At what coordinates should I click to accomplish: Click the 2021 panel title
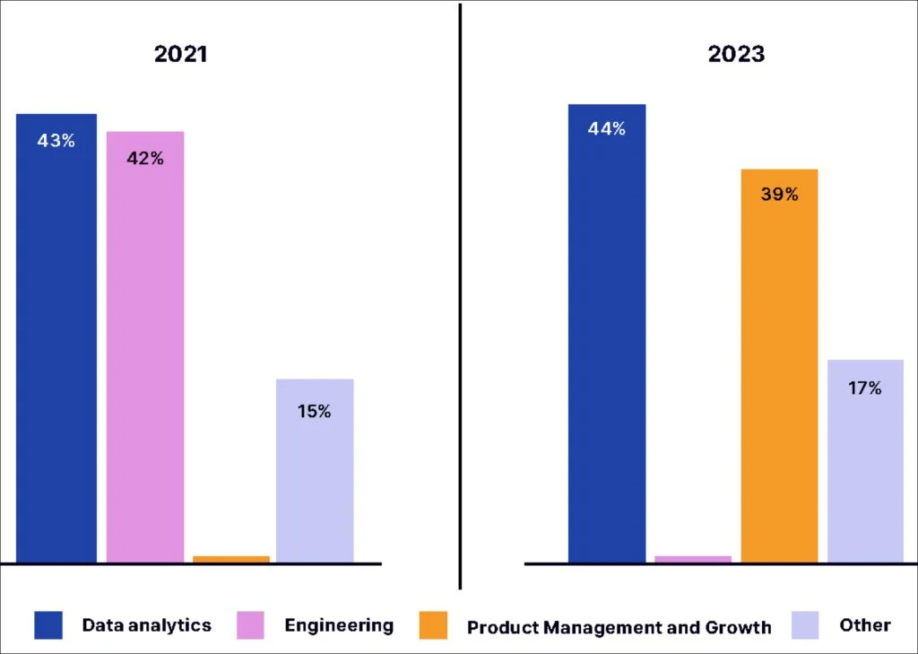[180, 54]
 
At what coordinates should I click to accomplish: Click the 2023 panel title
[736, 54]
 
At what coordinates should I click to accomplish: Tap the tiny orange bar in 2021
[231, 559]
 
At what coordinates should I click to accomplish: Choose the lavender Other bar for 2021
[315, 471]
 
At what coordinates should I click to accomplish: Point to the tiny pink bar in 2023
[693, 559]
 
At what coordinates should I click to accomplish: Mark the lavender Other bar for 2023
[865, 461]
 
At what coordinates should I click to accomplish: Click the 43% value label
[56, 141]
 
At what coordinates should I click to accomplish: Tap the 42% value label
[145, 159]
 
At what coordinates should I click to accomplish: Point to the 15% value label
[315, 412]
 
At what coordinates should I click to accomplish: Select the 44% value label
[607, 129]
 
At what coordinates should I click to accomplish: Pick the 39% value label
[779, 194]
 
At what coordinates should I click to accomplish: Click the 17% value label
[865, 389]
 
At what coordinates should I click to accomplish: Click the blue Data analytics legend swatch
[48, 625]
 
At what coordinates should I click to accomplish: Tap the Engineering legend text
[339, 625]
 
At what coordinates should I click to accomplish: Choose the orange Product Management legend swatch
[434, 625]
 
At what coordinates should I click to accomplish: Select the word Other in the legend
[865, 625]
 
